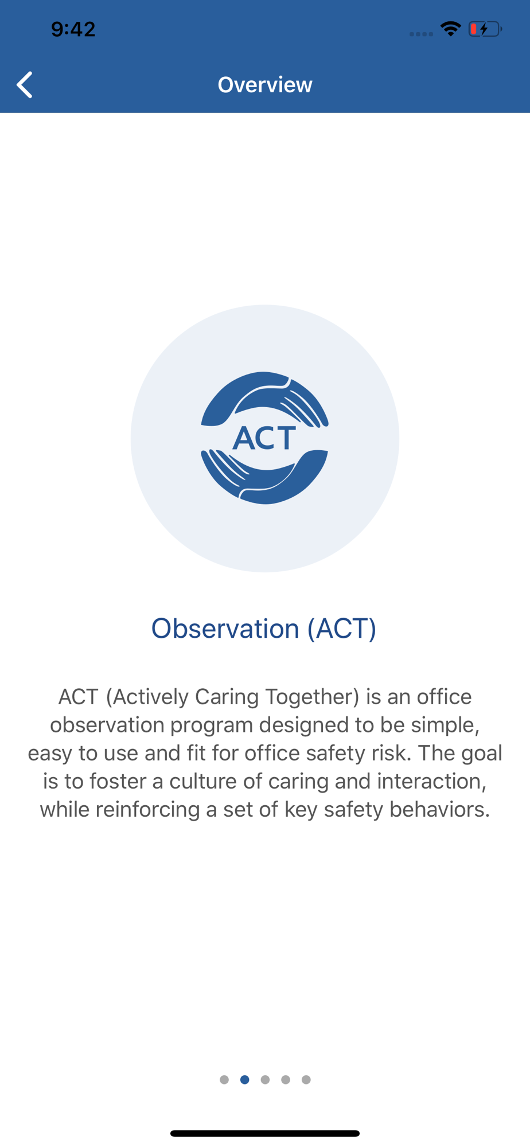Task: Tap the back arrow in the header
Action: (24, 85)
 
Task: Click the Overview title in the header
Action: (265, 85)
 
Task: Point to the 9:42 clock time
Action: (73, 29)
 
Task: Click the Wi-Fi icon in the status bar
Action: (451, 29)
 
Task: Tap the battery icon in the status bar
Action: (485, 29)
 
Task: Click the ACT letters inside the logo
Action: (264, 438)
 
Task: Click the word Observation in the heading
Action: (225, 629)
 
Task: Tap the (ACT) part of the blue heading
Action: (342, 629)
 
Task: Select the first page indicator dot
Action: (224, 1080)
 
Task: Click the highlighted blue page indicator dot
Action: (245, 1080)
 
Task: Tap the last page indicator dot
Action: (306, 1080)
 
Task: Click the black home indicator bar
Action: (265, 1133)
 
